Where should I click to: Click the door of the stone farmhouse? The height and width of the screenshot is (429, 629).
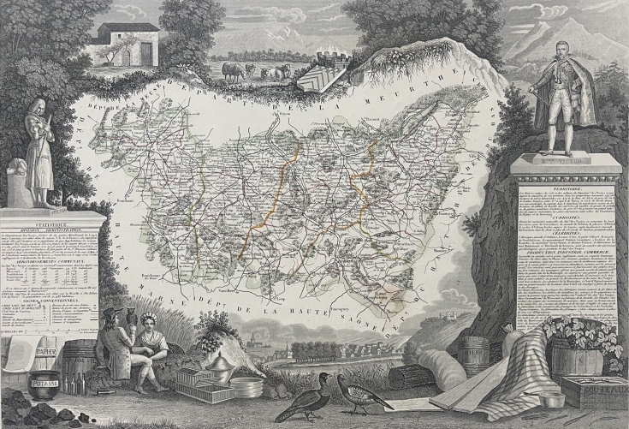coord(145,54)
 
